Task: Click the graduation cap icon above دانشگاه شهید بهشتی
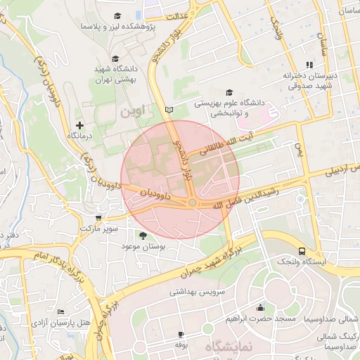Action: tap(118, 59)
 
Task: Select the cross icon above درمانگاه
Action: tap(79, 124)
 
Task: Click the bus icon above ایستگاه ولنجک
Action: tap(302, 251)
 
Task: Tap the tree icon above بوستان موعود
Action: tap(143, 236)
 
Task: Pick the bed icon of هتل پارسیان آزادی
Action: tap(61, 311)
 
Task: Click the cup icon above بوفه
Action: tap(181, 334)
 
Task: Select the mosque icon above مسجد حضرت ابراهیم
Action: tap(261, 307)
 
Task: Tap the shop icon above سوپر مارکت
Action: tap(98, 217)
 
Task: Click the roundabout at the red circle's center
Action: tap(191, 202)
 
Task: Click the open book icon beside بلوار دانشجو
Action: tap(167, 110)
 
